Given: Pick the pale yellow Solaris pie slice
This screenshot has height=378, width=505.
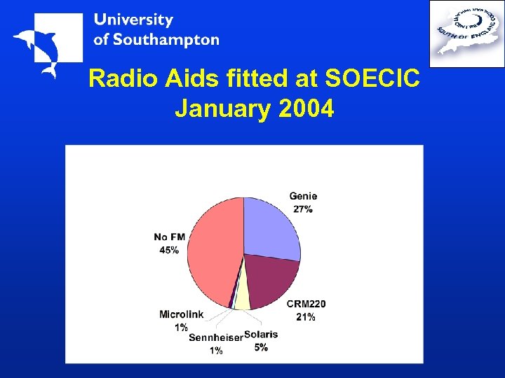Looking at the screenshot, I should tap(242, 297).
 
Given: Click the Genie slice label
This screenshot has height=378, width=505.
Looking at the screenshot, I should tap(303, 197).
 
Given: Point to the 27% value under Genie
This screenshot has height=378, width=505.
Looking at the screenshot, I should tap(303, 209).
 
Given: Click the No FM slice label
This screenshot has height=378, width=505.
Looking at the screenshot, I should tap(169, 237).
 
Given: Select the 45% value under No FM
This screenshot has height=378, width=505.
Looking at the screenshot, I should tap(169, 249).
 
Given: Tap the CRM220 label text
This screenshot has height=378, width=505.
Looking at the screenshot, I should tap(306, 304).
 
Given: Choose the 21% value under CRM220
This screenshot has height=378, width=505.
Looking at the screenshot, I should tap(306, 316).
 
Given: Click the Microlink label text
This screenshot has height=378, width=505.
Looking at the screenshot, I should tap(181, 314).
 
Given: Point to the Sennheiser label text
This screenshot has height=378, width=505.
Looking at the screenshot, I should tap(215, 337).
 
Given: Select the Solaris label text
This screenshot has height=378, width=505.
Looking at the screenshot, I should tap(261, 335).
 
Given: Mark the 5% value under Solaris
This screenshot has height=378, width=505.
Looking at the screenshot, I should tap(261, 347).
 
